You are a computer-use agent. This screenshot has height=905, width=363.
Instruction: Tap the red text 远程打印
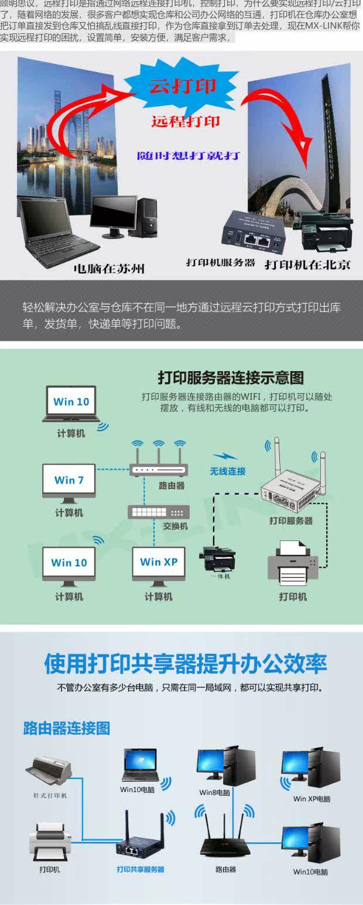coord(186,121)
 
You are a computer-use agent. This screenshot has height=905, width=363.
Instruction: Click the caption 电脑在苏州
coord(109,269)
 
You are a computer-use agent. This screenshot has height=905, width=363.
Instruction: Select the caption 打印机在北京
coord(307,264)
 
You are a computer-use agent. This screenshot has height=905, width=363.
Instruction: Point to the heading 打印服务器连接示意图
coord(231,377)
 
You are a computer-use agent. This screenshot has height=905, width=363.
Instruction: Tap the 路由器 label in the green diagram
coord(172,485)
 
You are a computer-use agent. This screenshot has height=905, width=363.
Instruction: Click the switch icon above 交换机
coord(159,512)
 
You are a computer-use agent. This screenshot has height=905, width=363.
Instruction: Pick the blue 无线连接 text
coord(228,471)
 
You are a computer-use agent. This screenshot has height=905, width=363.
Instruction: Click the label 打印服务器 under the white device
coord(291,520)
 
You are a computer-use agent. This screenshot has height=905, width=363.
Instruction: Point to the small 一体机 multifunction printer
coord(220,558)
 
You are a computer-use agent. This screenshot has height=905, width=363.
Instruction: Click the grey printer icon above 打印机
coord(293,564)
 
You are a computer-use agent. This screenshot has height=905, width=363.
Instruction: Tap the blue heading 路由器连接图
coord(67,728)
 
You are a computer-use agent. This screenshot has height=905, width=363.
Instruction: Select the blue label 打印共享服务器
coord(141,869)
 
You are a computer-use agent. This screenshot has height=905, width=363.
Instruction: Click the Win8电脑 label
coord(214,792)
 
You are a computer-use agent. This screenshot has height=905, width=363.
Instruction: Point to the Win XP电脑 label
coord(311,798)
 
